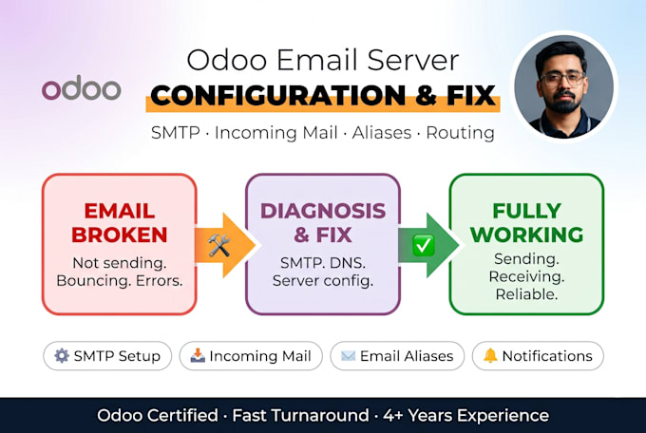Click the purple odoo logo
[x=81, y=87]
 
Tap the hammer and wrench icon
[x=218, y=245]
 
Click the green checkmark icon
[x=423, y=245]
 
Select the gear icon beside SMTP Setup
[x=62, y=355]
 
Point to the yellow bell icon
[x=490, y=355]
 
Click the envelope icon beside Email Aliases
[x=348, y=355]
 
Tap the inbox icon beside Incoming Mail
[x=198, y=355]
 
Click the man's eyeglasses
[x=562, y=79]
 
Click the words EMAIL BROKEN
[x=120, y=223]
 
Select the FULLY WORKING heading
[x=526, y=223]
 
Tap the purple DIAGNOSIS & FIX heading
[x=323, y=223]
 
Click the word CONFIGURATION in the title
[x=278, y=96]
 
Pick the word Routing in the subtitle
[x=460, y=133]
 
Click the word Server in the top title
[x=413, y=60]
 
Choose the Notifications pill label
[x=547, y=355]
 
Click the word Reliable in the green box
[x=526, y=294]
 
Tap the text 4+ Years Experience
[x=465, y=415]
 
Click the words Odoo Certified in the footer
[x=158, y=415]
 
